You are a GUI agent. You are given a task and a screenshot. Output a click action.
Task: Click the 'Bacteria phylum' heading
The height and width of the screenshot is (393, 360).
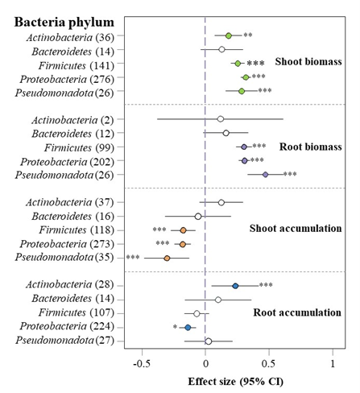64,23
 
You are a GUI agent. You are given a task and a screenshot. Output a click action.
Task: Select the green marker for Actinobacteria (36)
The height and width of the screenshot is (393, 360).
229,35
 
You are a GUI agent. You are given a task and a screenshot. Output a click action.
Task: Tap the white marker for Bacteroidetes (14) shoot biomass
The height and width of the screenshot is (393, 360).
221,49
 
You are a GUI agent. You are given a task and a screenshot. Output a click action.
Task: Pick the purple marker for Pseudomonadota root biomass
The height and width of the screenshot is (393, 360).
265,175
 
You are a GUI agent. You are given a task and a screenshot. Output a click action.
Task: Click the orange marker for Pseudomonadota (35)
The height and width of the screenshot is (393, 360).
167,259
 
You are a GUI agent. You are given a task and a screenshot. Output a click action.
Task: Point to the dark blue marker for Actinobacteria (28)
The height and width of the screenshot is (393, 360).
235,286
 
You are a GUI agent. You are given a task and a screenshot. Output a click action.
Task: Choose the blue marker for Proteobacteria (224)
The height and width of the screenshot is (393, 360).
188,328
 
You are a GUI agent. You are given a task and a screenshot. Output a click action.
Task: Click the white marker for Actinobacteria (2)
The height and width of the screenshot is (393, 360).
221,119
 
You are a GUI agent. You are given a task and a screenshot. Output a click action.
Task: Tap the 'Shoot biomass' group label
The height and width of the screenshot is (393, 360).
308,62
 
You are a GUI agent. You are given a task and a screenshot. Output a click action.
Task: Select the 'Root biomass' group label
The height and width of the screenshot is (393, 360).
311,147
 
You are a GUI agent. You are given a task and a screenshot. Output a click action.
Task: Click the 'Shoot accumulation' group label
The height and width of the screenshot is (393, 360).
296,229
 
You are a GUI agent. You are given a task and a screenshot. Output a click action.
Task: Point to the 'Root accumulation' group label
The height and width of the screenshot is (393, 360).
297,312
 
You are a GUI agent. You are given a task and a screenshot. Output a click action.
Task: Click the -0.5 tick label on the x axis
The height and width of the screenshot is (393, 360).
142,364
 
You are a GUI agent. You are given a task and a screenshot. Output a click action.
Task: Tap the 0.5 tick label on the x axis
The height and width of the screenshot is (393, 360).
268,364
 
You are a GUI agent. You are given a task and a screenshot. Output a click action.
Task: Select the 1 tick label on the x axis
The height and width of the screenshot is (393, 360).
333,364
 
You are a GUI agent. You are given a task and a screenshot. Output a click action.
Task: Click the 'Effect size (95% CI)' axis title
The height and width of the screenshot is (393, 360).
235,382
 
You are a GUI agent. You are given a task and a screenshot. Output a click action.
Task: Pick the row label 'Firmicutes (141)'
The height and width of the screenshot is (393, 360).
77,65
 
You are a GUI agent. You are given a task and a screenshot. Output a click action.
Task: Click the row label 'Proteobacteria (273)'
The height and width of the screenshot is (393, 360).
67,244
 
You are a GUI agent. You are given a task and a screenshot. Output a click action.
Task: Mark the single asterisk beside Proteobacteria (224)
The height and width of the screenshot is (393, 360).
175,327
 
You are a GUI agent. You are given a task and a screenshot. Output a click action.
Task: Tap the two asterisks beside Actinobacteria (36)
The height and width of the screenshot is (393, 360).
248,35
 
